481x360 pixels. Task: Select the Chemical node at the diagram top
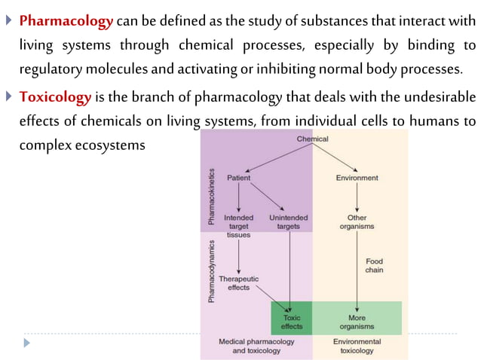click(312, 139)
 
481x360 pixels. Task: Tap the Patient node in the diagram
click(239, 178)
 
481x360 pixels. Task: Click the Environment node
click(357, 178)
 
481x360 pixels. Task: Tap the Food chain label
click(374, 266)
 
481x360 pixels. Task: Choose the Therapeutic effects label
click(238, 282)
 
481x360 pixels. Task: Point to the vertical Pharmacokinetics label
click(212, 198)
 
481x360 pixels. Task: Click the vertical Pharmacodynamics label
click(212, 271)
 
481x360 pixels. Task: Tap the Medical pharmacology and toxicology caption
click(256, 346)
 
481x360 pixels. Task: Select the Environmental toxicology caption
click(357, 346)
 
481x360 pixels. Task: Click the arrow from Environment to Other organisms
click(357, 197)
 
